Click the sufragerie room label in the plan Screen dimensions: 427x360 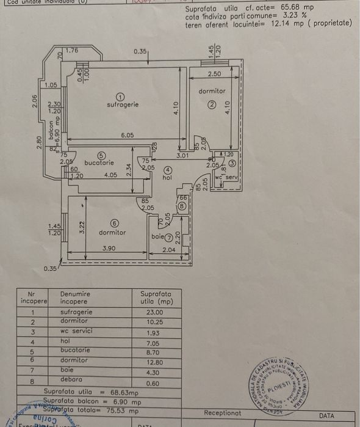pos(123,104)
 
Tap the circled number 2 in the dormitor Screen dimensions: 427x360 pos(211,104)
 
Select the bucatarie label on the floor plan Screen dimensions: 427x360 pos(99,163)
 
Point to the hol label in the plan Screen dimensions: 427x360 pos(167,178)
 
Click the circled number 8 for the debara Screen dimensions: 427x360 pos(182,206)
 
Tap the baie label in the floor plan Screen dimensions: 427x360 pos(157,236)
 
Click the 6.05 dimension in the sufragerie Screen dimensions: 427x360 pos(127,135)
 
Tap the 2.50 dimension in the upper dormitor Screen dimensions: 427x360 pos(214,74)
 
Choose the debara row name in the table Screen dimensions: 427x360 pos(71,379)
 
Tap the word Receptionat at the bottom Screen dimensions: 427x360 pos(223,414)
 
